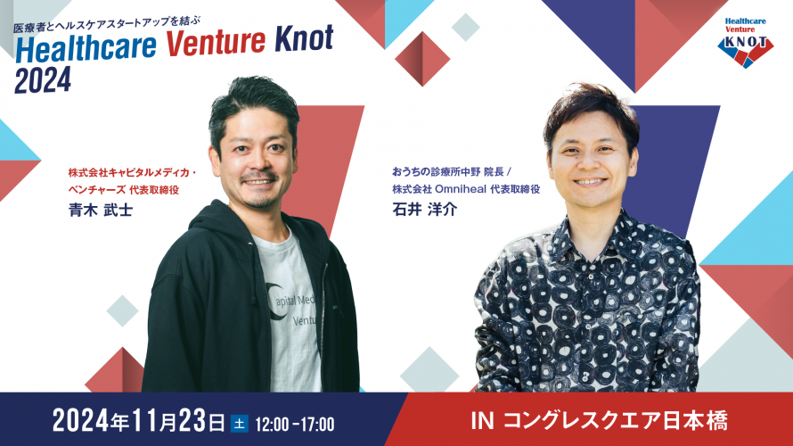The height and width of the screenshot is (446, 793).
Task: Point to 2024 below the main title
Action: pyautogui.click(x=42, y=80)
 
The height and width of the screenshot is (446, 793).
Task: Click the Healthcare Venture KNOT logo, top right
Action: pyautogui.click(x=746, y=40)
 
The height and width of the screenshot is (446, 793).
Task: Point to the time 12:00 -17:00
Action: pyautogui.click(x=294, y=420)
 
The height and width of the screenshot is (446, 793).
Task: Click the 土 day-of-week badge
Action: pyautogui.click(x=239, y=420)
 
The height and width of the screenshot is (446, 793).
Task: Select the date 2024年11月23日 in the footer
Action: pyautogui.click(x=139, y=419)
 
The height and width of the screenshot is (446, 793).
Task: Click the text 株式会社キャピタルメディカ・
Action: pyautogui.click(x=133, y=172)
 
